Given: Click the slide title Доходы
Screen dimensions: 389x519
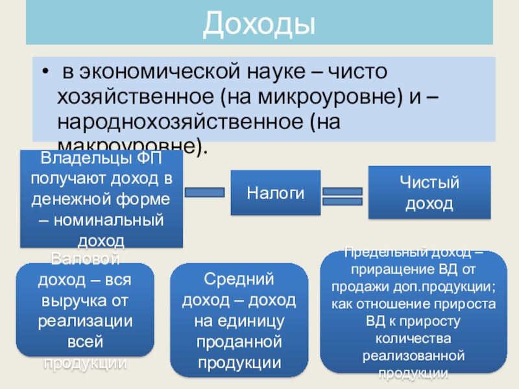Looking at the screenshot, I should click(259, 23).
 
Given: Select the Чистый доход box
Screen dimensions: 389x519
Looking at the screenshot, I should click(429, 193).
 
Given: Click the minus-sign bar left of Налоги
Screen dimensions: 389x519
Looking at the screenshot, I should click(205, 193).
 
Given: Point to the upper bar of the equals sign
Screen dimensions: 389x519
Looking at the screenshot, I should click(342, 191).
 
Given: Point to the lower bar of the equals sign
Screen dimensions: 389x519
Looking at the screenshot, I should click(342, 202).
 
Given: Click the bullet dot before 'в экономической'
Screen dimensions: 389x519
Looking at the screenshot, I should click(44, 70).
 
